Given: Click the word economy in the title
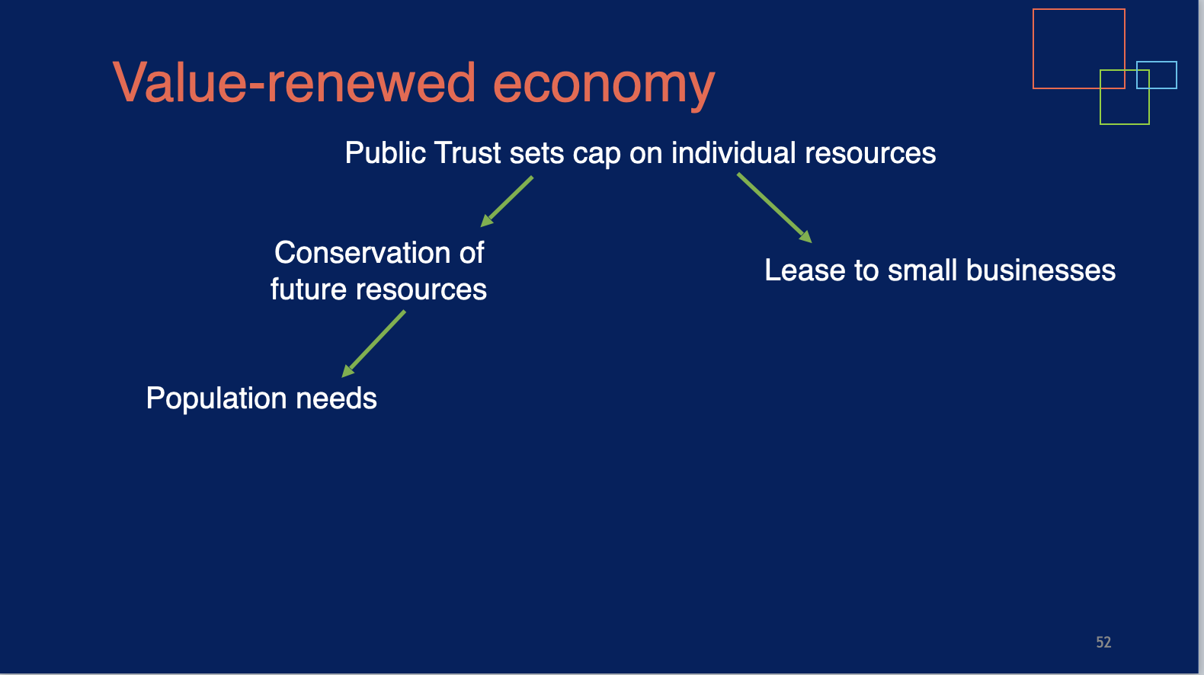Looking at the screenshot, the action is pos(604,86).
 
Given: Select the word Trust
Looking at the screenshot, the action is pos(468,152).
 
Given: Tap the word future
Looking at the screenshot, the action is pos(309,290).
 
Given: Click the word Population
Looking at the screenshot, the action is pos(216,399).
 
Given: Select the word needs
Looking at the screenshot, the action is pos(337,398).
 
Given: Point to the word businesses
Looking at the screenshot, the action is pos(1041,270).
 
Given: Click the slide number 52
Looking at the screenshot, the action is pos(1103,642).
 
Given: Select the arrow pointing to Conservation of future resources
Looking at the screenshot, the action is pos(506,202).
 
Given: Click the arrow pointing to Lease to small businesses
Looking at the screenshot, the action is pos(774,208).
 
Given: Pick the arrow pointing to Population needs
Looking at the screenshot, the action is pos(373,344).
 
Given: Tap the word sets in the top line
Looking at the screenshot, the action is pos(536,153).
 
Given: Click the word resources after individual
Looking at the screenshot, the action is pos(870,154).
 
